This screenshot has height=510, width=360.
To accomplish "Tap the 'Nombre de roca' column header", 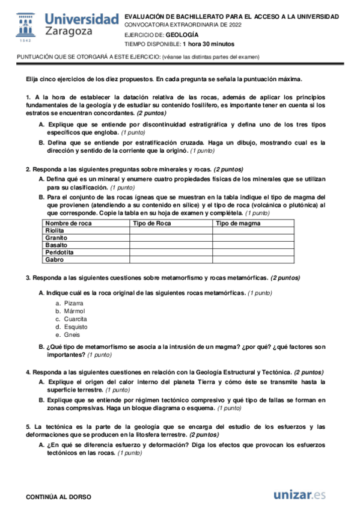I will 69,224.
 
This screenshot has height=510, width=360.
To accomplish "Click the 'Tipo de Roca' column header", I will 152,224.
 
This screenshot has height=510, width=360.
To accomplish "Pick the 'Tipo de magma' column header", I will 237,224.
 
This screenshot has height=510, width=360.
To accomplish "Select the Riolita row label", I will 55,231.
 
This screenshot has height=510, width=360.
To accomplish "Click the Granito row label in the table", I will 56,238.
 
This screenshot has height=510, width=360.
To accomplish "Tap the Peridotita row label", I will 59,253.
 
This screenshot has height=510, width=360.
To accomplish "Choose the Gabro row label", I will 54,260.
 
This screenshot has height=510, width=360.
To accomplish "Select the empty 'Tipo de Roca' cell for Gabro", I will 170,260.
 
